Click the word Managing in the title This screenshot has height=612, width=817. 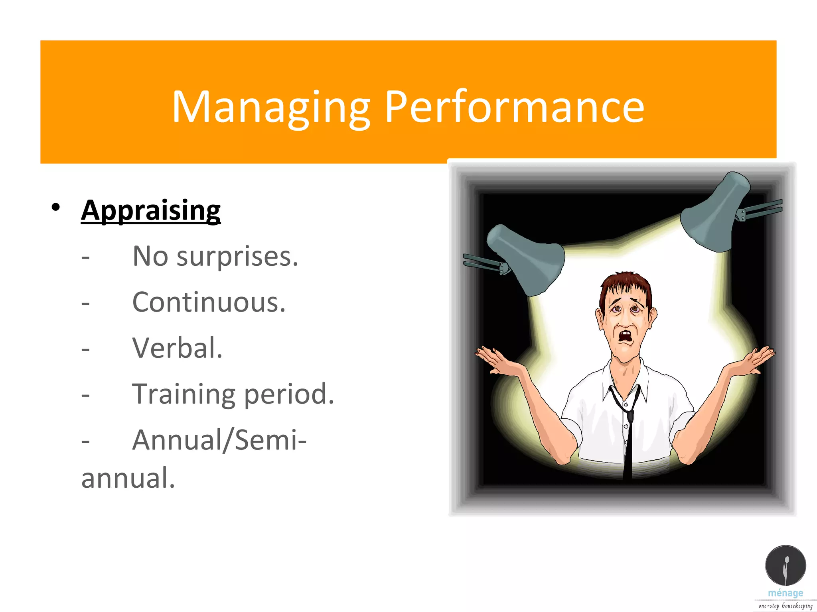(271, 107)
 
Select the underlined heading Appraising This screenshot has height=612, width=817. (151, 210)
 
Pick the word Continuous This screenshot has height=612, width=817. (209, 302)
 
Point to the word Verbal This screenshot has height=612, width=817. (177, 348)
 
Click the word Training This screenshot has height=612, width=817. (184, 394)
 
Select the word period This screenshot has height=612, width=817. (289, 394)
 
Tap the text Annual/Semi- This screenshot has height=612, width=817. (219, 440)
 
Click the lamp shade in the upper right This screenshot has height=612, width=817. (714, 213)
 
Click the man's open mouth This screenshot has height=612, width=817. (625, 337)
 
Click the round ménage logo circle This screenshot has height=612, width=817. (785, 566)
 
